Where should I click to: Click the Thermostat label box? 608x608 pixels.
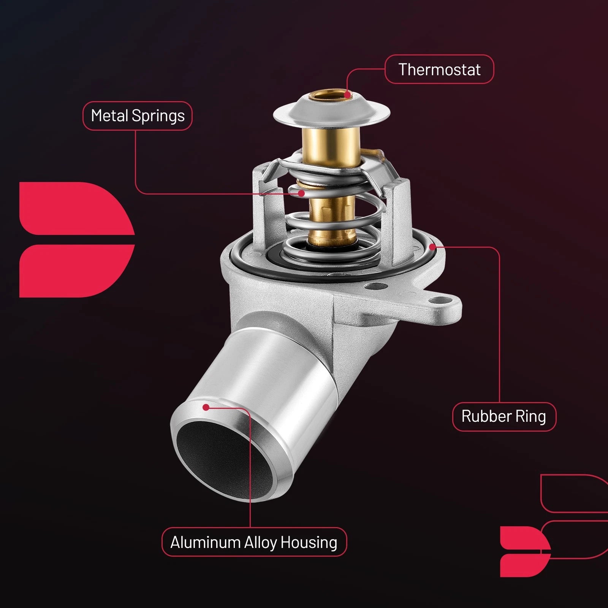click(x=439, y=69)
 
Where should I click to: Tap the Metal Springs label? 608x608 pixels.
click(x=138, y=116)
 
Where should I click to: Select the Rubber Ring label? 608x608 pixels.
click(x=504, y=416)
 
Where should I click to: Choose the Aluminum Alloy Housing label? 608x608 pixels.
click(x=254, y=542)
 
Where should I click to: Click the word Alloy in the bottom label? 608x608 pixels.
click(x=260, y=543)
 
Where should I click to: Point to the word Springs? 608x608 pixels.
click(x=158, y=116)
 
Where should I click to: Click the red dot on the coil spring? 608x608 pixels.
click(x=301, y=193)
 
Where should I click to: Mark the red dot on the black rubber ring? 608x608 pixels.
click(x=432, y=247)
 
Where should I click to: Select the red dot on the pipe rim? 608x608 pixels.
click(x=206, y=407)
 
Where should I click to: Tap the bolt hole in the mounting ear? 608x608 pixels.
click(x=442, y=302)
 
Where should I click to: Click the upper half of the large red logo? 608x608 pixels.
click(x=76, y=208)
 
